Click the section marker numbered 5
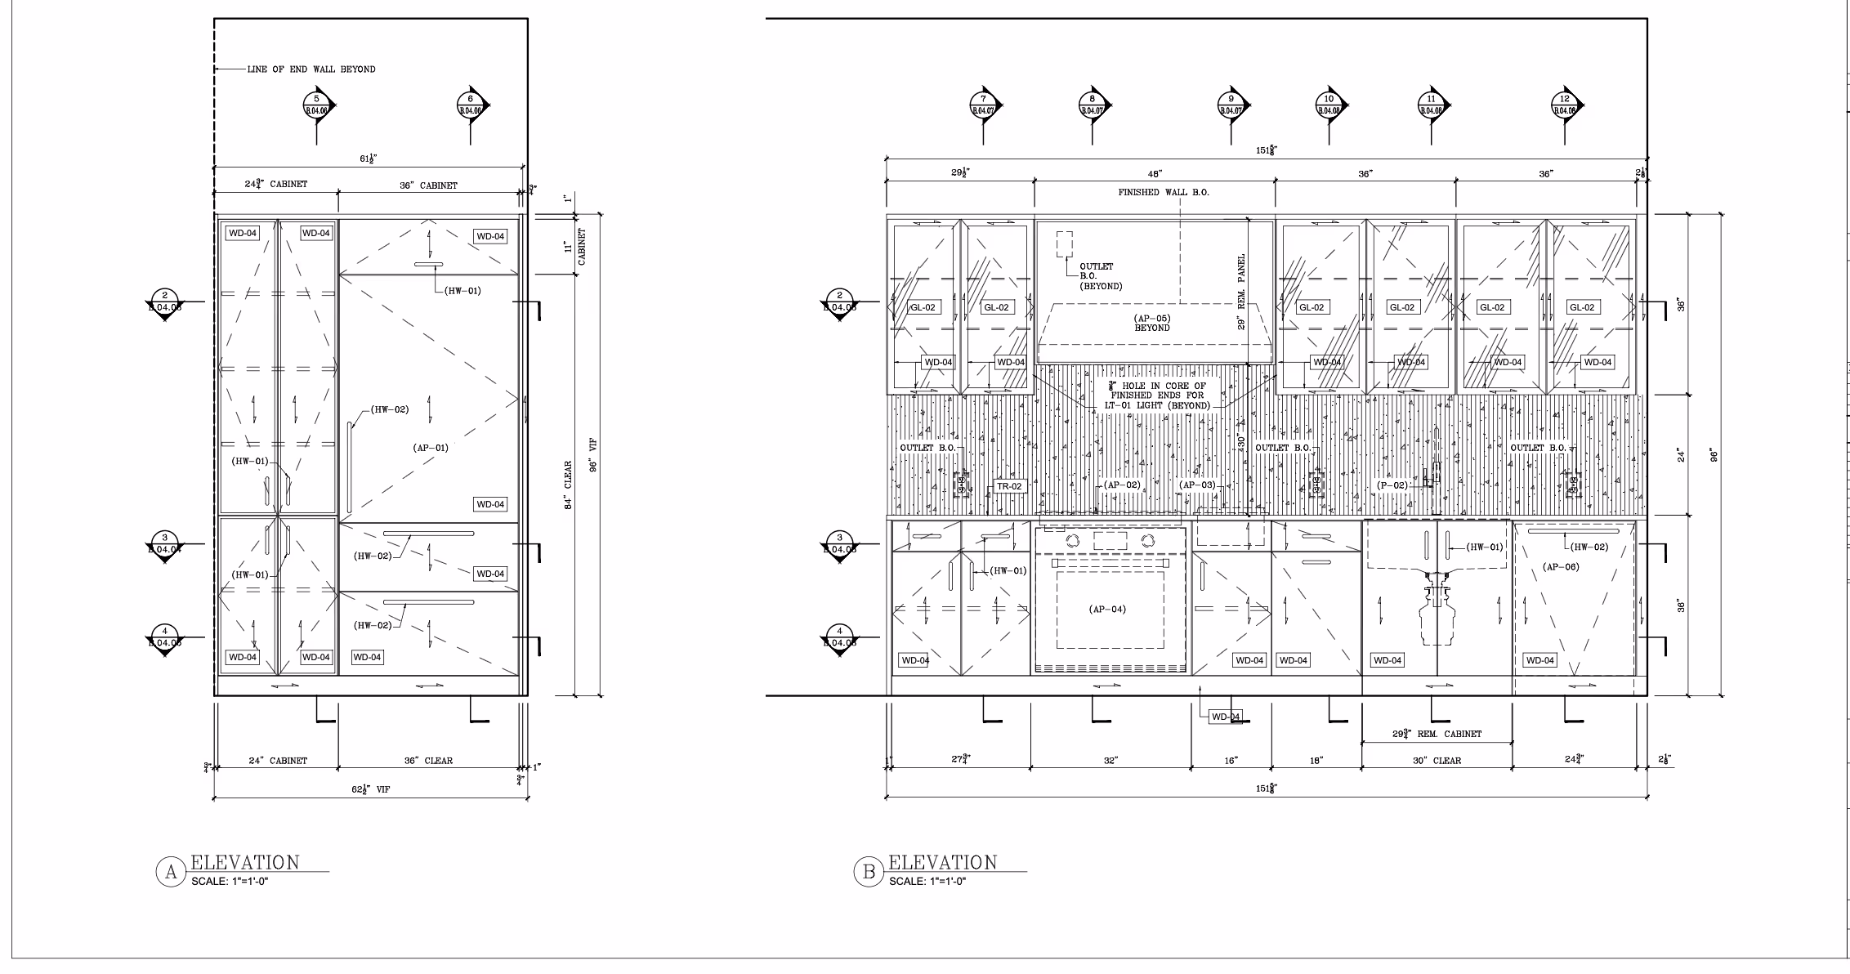coord(317,105)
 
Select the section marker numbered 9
coord(1231,105)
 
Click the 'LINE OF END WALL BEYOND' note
coord(311,69)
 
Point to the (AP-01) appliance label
coord(431,448)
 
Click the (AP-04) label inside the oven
coord(1107,609)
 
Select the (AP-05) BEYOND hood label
coord(1152,323)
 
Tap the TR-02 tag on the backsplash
coord(1009,486)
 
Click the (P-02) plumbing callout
coord(1392,485)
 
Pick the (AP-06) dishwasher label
coord(1561,566)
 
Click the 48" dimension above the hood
coord(1155,174)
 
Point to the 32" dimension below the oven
coord(1110,761)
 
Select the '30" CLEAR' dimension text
coord(1437,761)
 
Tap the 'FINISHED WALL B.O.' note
coord(1164,193)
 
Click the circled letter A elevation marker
coord(171,872)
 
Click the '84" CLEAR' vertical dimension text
coord(568,485)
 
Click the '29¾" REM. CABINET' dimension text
coord(1437,734)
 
